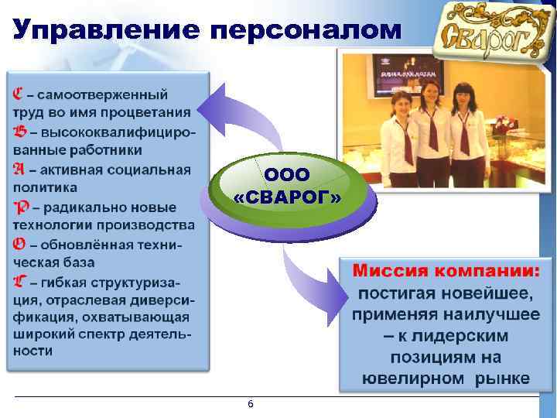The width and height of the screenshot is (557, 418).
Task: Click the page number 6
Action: [x=249, y=405]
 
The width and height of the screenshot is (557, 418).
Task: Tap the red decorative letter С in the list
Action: [x=19, y=94]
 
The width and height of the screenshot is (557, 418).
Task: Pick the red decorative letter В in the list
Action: [x=19, y=131]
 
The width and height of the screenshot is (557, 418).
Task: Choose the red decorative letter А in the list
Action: [x=19, y=169]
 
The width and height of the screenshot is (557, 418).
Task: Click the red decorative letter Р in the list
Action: [x=21, y=207]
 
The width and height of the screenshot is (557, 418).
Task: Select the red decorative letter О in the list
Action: [x=19, y=244]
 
